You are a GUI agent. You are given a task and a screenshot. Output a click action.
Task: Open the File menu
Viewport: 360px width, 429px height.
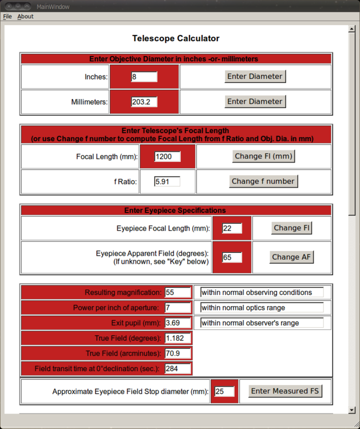click(x=7, y=17)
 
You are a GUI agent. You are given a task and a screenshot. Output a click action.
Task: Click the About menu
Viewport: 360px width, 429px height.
click(x=25, y=17)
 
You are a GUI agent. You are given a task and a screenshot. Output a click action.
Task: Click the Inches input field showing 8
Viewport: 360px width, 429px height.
click(x=144, y=77)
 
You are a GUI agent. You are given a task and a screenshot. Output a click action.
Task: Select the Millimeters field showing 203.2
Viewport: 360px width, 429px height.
click(x=144, y=102)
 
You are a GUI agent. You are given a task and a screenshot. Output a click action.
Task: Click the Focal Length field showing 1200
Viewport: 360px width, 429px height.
click(x=167, y=156)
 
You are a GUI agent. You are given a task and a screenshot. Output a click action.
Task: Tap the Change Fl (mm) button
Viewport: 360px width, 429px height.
click(x=264, y=156)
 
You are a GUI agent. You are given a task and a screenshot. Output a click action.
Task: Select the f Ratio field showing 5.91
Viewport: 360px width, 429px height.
click(x=167, y=181)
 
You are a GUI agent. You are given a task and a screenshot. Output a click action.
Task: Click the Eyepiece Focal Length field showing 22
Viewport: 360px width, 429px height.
click(x=232, y=228)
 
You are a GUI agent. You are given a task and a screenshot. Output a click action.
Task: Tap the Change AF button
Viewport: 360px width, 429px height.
click(x=291, y=257)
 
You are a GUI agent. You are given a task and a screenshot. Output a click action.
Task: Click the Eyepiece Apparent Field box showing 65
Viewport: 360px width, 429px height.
click(x=232, y=257)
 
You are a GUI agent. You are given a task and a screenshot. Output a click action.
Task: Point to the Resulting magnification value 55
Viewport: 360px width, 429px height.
click(x=177, y=292)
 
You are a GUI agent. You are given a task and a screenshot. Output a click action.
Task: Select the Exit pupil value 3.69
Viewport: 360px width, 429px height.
click(x=177, y=323)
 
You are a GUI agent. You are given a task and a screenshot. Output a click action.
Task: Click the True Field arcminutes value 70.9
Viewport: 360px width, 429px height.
click(x=177, y=353)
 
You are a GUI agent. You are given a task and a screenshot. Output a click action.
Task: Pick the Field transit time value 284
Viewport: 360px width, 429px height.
click(x=177, y=368)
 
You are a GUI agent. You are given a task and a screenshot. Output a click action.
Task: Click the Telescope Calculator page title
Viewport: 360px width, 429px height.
click(x=176, y=39)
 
